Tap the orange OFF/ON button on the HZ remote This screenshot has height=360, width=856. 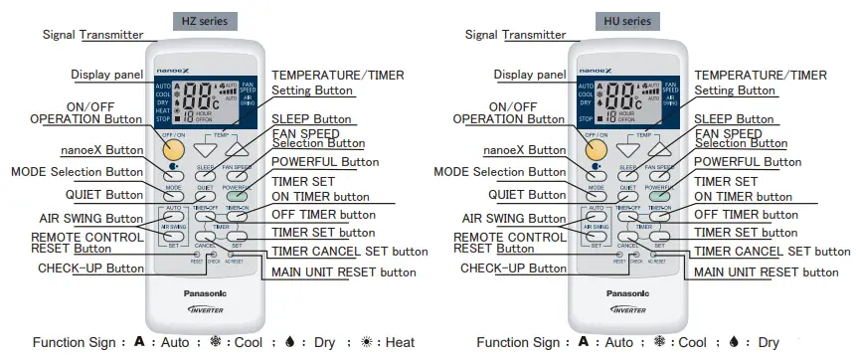pos(175,148)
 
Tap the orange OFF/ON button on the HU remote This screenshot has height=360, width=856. pos(597,148)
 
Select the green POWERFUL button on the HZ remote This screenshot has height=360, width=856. pos(237,196)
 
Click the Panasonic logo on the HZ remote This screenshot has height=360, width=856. pos(205,293)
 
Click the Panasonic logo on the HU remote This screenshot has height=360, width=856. pos(626,293)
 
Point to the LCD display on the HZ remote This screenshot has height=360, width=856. pos(205,99)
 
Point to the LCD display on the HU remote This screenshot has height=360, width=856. pos(626,99)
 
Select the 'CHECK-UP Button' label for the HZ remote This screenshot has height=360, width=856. pos(90,268)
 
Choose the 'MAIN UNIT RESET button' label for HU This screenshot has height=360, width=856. pos(765,271)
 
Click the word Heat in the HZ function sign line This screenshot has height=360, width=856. pos(400,343)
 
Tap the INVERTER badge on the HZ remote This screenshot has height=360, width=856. pos(205,310)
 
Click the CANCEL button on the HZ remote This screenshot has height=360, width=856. pos(206,237)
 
